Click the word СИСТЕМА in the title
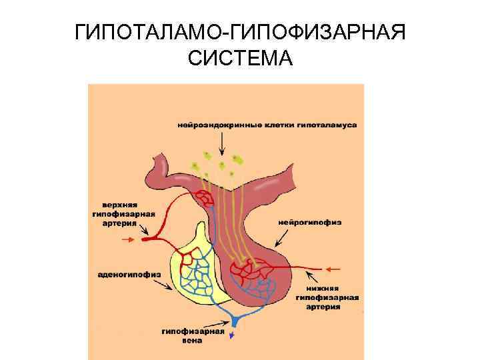[x=240, y=59]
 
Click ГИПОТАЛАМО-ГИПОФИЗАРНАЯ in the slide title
[x=240, y=31]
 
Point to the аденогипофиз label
[x=119, y=273]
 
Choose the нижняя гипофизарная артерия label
[x=327, y=298]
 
